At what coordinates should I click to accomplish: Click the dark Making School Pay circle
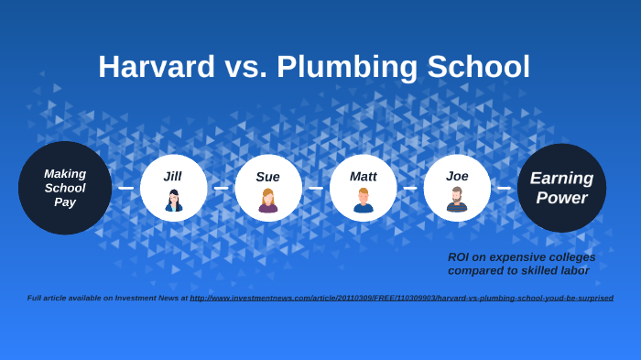pos(65,188)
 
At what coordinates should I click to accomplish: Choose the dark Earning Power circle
pos(561,188)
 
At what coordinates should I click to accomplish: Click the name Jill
pos(173,176)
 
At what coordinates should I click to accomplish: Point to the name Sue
pos(267,177)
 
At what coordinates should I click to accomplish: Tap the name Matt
pos(363,176)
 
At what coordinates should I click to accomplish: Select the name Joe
pos(457,176)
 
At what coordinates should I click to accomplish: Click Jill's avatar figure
pos(173,201)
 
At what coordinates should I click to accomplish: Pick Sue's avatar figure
pos(267,201)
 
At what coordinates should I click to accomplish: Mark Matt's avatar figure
pos(363,201)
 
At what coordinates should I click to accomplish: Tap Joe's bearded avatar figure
pos(457,200)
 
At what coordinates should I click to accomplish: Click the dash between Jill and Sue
pos(221,188)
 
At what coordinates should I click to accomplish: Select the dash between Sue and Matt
pos(316,188)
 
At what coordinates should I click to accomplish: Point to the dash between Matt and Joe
pos(410,188)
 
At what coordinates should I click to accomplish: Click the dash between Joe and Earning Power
pos(505,188)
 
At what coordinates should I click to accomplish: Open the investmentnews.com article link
pos(401,298)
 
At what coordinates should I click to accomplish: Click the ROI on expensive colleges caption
pos(521,264)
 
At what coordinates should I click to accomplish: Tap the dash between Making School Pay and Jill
pos(125,188)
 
